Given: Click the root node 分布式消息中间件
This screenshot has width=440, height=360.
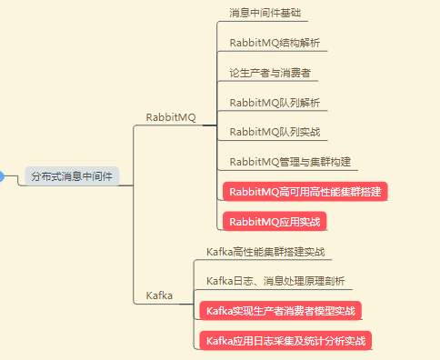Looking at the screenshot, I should coord(73,176).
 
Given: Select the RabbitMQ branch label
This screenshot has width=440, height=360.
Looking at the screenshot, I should coord(170,117).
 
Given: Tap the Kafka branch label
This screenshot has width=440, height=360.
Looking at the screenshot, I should coord(161,295).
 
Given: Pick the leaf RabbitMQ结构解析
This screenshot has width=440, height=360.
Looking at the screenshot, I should coord(274,43).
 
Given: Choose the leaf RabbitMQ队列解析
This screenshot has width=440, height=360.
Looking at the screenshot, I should coord(274,103).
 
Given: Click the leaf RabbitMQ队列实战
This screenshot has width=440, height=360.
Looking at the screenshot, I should coord(274,133).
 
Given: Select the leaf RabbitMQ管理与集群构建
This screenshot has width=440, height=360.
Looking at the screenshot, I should coord(290,163).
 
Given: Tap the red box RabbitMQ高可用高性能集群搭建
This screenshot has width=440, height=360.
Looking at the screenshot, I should coord(305,192).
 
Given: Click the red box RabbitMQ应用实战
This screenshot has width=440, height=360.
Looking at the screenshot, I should coord(275,221).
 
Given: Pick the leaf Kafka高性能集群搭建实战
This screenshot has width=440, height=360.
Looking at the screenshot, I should coord(265,252).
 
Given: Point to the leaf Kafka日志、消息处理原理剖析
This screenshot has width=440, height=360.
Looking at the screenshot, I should coord(275,281).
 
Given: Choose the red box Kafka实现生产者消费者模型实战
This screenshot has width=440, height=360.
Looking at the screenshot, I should coord(281,311).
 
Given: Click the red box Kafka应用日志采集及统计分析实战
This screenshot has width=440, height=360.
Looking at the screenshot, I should coord(286,341).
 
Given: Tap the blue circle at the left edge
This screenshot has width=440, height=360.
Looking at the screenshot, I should coord(2,176).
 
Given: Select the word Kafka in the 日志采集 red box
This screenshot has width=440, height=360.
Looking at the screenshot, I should coord(220,341).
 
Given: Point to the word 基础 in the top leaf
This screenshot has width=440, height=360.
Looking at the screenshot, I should coord(290,14).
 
